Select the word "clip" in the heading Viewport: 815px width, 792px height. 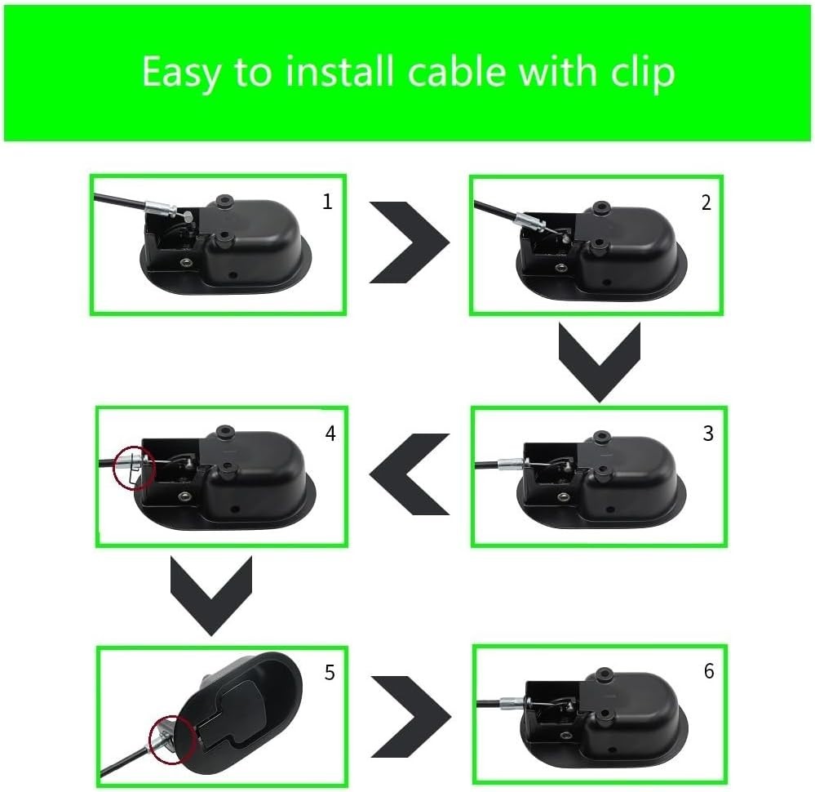[642, 73]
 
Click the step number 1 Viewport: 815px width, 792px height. [327, 202]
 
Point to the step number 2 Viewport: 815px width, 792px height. [706, 202]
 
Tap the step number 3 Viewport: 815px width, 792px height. [708, 433]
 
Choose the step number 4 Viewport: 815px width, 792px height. [330, 433]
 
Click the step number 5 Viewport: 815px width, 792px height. [330, 672]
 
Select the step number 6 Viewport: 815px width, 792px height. [709, 671]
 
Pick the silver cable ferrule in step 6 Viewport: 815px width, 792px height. [513, 703]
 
